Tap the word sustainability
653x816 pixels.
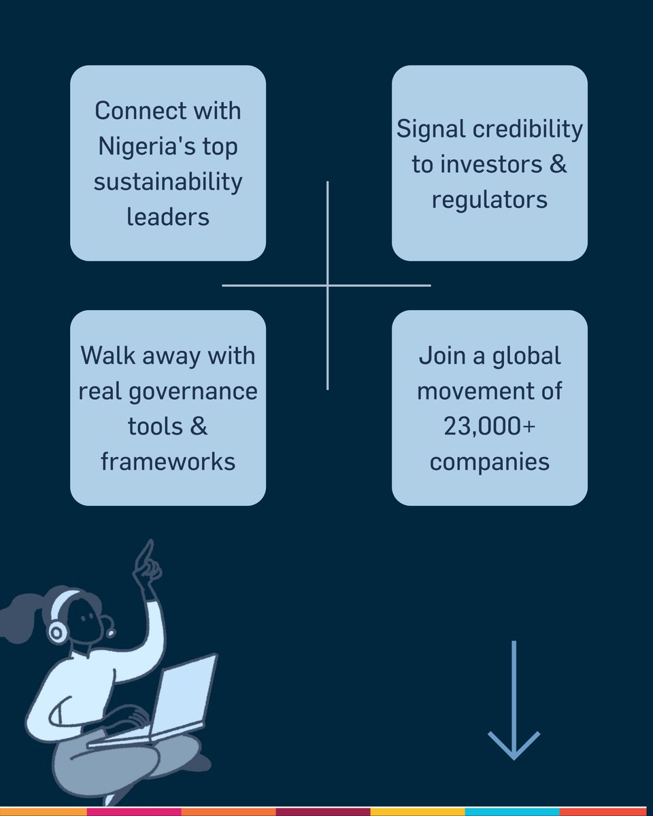pos(168,182)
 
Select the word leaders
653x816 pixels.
pos(168,218)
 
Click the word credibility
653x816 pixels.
pos(527,130)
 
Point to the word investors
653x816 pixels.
pos(491,165)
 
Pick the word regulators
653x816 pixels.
pos(490,201)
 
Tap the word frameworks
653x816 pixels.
pos(168,462)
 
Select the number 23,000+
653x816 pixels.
pos(490,427)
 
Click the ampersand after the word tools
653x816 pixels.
pos(199,427)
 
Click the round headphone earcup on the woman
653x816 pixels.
pos(57,631)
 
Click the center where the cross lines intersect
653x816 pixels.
pos(327,285)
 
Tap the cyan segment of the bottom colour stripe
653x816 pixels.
pos(512,811)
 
